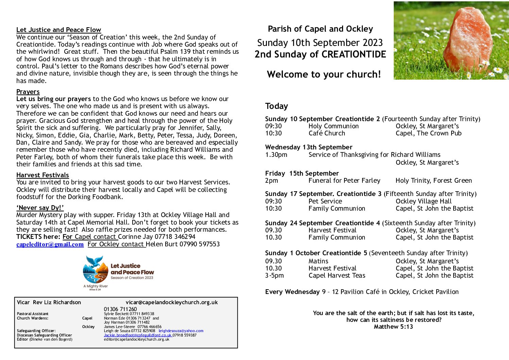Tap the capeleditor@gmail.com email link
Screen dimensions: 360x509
(50, 244)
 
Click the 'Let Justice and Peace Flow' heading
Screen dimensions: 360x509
(58, 30)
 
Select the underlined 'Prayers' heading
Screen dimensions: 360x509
(28, 92)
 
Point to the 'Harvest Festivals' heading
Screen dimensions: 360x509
(43, 175)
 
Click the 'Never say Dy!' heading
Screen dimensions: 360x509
(40, 208)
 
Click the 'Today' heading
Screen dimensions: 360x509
(276, 106)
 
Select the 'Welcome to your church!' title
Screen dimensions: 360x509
(324, 75)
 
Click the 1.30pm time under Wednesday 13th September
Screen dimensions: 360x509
(276, 155)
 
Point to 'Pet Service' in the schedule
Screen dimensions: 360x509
(325, 201)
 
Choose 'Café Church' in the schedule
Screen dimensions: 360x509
(327, 133)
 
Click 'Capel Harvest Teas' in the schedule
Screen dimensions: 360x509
(337, 276)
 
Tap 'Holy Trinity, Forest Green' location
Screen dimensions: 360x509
(434, 181)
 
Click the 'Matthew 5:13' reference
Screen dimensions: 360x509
(393, 327)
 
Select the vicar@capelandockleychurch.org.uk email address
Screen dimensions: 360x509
(172, 302)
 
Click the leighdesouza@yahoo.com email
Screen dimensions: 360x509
(181, 331)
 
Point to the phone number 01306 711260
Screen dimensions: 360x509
(120, 309)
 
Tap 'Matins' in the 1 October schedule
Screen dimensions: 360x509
(318, 261)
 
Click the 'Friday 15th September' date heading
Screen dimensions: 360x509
(302, 174)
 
